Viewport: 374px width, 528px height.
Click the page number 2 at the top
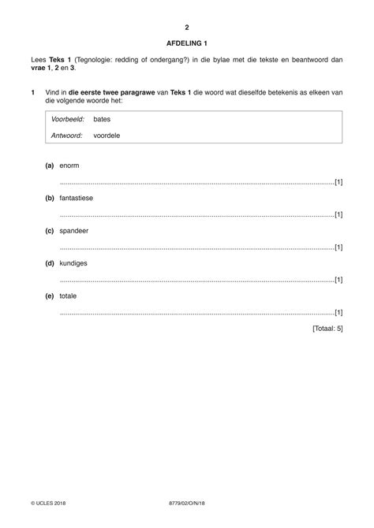pos(187,27)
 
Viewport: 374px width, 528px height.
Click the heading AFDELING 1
pos(187,43)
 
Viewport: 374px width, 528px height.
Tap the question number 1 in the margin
pos(32,94)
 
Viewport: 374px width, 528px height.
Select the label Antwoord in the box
pos(67,136)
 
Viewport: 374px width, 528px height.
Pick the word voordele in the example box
pos(107,136)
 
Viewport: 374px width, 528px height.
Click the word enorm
pos(69,165)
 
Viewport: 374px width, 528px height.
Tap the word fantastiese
pos(77,198)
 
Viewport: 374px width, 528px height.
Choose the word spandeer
pos(73,230)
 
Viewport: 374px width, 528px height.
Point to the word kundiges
pos(73,262)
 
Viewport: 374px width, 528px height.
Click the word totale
pos(69,295)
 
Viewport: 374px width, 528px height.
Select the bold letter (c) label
pos(50,230)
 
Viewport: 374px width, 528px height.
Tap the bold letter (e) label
pos(50,295)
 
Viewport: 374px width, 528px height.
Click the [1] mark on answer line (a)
pos(338,182)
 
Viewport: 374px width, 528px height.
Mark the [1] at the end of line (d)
pos(338,279)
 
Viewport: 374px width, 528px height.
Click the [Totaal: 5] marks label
pos(327,328)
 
